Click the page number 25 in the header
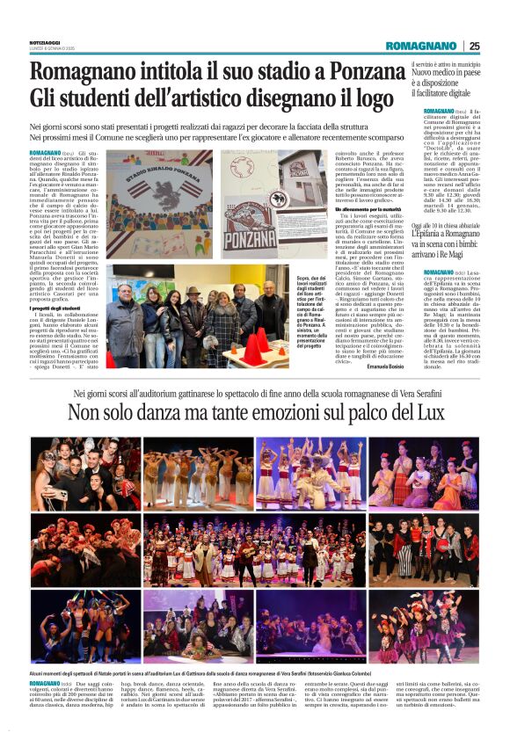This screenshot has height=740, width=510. point(475,46)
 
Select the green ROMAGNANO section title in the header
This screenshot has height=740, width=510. point(420,46)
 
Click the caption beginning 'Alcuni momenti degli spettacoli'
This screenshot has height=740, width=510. point(176,671)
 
